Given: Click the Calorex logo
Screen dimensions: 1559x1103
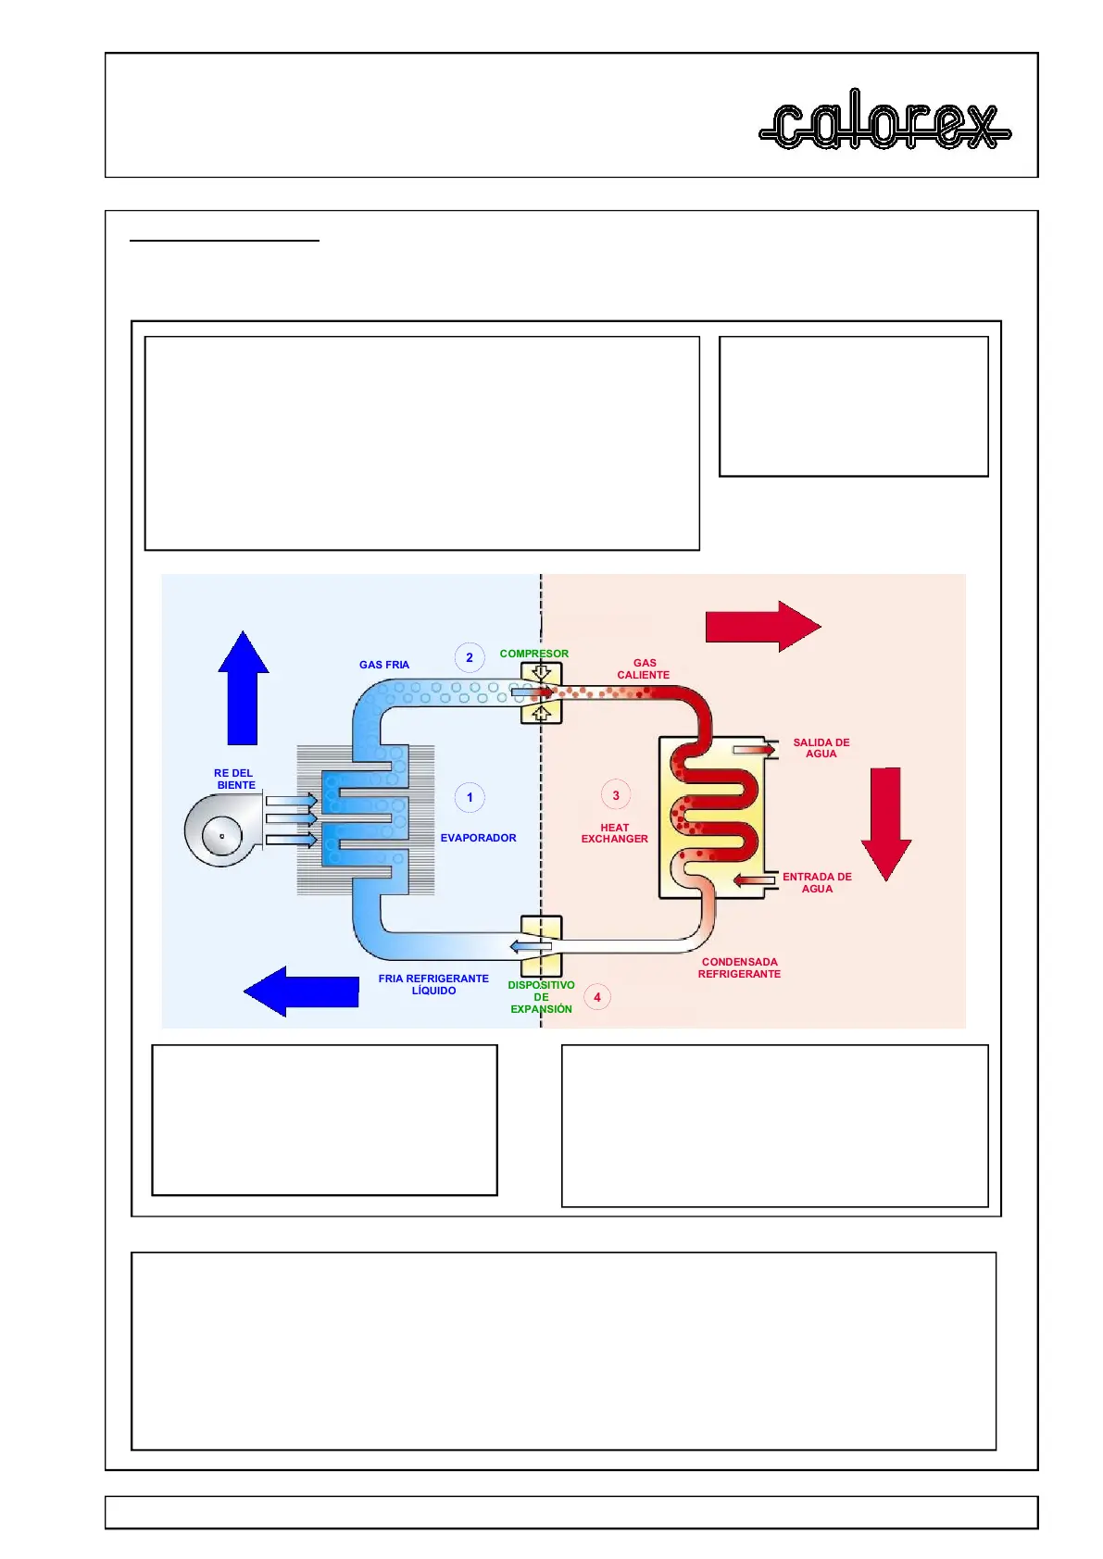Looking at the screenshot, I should pyautogui.click(x=884, y=120).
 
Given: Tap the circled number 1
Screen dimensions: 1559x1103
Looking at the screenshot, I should pyautogui.click(x=470, y=797).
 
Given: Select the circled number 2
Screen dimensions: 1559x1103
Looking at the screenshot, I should pyautogui.click(x=470, y=657).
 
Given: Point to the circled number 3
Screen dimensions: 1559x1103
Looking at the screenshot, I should pyautogui.click(x=616, y=795).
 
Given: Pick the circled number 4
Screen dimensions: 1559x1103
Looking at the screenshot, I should pyautogui.click(x=597, y=997).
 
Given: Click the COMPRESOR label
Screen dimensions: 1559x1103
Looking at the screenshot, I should pyautogui.click(x=534, y=654).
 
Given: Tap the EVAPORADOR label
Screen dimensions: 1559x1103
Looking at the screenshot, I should pyautogui.click(x=478, y=838).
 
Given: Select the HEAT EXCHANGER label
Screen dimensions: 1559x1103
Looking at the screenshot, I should pyautogui.click(x=614, y=833).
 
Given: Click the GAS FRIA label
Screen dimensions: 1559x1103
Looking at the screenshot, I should pyautogui.click(x=384, y=665).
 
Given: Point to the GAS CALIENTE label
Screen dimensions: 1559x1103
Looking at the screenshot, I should pyautogui.click(x=644, y=669).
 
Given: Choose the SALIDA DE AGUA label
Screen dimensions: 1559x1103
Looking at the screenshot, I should pyautogui.click(x=821, y=748).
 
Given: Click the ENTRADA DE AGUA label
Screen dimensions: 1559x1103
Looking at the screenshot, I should pyautogui.click(x=817, y=882).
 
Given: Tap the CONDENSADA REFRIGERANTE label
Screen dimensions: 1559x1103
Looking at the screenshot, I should pyautogui.click(x=739, y=967).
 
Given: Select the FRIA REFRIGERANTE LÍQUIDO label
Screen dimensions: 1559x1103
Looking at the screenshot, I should pyautogui.click(x=433, y=984).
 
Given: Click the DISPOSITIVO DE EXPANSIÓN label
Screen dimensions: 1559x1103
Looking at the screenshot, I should pyautogui.click(x=542, y=997).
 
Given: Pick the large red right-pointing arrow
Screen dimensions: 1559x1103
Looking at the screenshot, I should pyautogui.click(x=762, y=627).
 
